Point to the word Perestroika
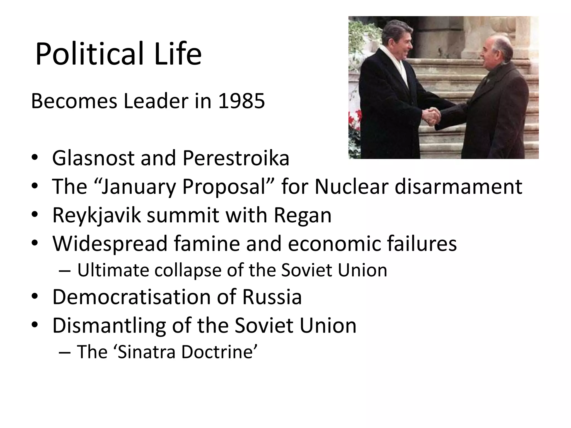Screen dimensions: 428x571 pyautogui.click(x=236, y=158)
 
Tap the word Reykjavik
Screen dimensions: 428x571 pyautogui.click(x=96, y=215)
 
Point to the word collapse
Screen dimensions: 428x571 pyautogui.click(x=188, y=270)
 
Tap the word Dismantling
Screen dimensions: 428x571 pyautogui.click(x=109, y=325)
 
